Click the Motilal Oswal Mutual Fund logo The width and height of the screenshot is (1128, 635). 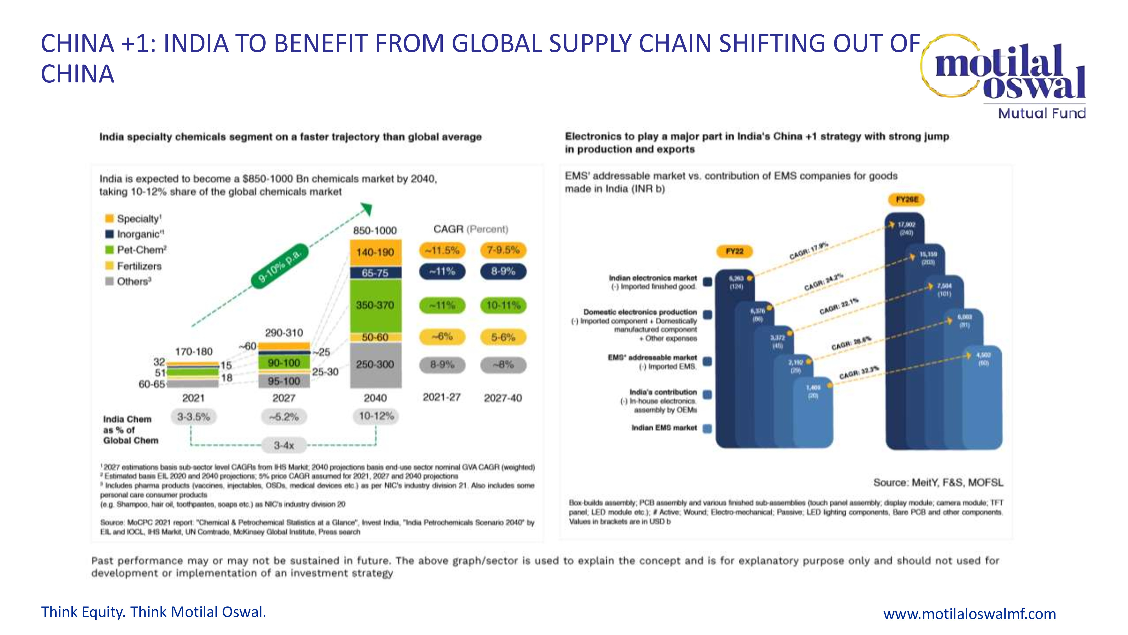coord(1007,77)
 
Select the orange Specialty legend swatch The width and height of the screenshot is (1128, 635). coord(109,218)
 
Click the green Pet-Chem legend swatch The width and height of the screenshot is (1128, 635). coord(109,250)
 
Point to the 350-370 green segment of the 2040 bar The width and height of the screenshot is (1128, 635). coord(375,305)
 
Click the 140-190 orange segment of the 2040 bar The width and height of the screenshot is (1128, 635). coord(375,252)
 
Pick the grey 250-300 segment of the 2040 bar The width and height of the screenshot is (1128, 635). coord(375,365)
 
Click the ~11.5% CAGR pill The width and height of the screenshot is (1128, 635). coord(442,250)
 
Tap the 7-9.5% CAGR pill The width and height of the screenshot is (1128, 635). coord(503,250)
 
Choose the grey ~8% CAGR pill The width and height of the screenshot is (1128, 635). coord(503,365)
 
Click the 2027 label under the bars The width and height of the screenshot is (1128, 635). coord(284,398)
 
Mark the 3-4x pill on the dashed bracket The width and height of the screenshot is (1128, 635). coord(284,445)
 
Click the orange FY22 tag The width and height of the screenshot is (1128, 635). coord(734,251)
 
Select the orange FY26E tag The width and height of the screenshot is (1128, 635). coord(906,200)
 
